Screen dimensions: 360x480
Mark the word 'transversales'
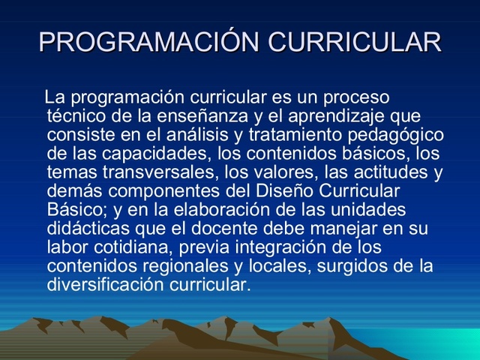[x=154, y=173]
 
